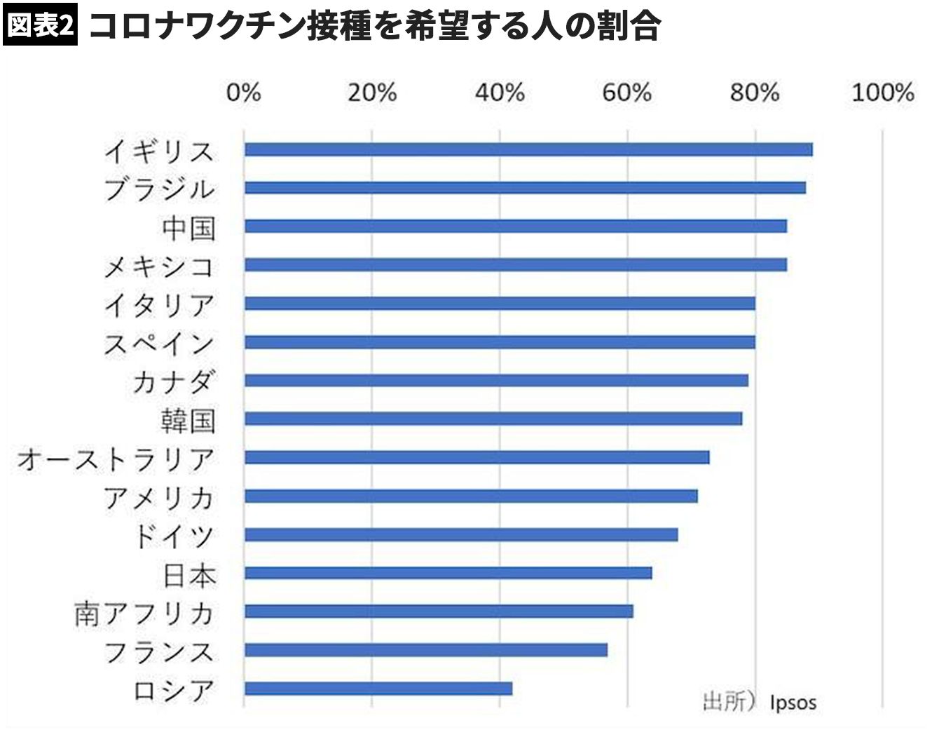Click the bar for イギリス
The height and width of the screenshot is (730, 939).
pos(528,149)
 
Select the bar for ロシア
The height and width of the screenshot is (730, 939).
pos(378,689)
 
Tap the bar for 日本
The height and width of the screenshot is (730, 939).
pos(448,573)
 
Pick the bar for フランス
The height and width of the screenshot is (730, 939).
pos(426,650)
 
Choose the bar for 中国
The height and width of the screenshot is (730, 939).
pos(516,226)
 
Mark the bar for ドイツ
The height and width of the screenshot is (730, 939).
pos(461,534)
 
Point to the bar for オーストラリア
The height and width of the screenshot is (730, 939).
pos(477,457)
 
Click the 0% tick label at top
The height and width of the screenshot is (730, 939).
pos(243,93)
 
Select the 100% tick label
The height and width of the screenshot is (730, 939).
pos(882,93)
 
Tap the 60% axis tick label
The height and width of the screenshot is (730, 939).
pos(626,93)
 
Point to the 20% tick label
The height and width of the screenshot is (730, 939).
pos(371,93)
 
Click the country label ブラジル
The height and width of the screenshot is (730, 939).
pos(159,189)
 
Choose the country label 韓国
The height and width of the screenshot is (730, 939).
pos(188,420)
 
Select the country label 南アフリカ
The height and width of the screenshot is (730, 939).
pos(144,614)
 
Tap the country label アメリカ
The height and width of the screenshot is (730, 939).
pos(159,498)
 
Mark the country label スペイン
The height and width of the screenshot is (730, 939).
pos(159,344)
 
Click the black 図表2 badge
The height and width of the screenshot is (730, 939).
pos(40,25)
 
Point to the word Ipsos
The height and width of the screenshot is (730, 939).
pos(793,702)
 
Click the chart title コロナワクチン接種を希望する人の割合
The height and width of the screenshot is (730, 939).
pos(374,27)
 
